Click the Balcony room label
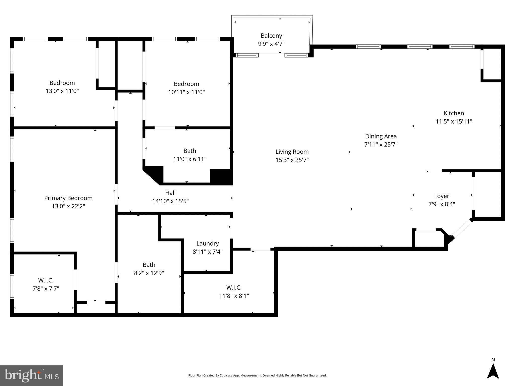click(x=271, y=36)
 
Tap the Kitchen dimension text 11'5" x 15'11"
click(x=454, y=122)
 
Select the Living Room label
click(x=292, y=152)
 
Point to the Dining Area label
click(x=381, y=136)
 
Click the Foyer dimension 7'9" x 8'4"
click(x=442, y=204)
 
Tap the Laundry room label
click(x=208, y=244)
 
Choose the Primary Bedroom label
click(x=68, y=198)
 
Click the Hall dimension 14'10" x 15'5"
click(x=170, y=201)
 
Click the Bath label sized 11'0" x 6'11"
click(x=190, y=151)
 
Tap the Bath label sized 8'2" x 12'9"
click(x=149, y=265)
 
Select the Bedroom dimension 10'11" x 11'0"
click(x=186, y=92)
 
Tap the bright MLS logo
click(x=31, y=375)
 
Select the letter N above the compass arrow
click(x=493, y=360)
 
